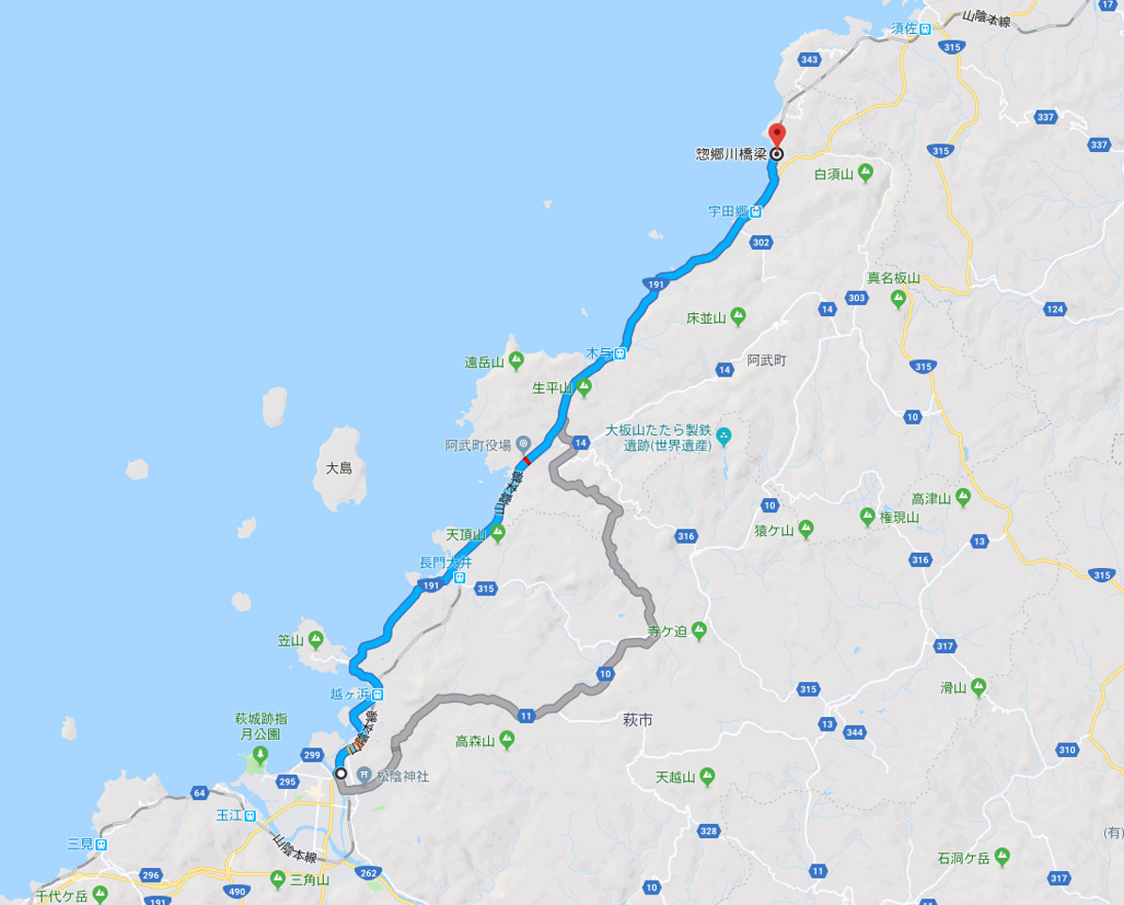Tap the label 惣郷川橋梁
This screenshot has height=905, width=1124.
(x=731, y=154)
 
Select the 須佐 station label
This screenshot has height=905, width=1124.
(x=905, y=28)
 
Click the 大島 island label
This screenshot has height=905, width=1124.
(x=338, y=468)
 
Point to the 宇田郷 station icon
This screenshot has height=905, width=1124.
(x=756, y=212)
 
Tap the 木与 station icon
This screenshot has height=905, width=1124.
(x=621, y=354)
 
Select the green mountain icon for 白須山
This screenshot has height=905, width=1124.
(x=865, y=174)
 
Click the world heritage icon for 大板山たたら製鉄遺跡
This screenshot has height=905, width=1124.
(x=724, y=436)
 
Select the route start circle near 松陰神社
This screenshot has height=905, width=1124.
(x=341, y=773)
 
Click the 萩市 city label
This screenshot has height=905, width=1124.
(x=639, y=719)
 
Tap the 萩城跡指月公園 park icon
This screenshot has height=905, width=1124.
(x=260, y=754)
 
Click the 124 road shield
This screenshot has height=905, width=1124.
(x=1055, y=309)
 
